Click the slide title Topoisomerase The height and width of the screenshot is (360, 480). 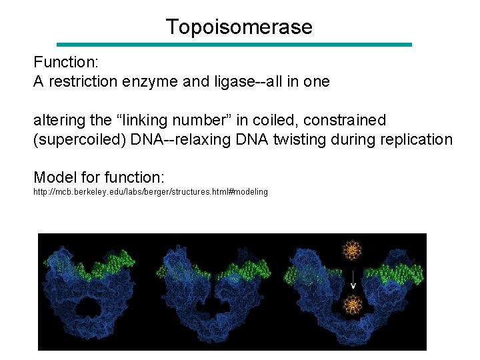tap(239, 27)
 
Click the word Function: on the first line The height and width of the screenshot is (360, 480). tap(66, 63)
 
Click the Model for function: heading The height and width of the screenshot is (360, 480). tap(99, 177)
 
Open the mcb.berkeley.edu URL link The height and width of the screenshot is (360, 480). tap(151, 192)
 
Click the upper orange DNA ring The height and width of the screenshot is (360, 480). tap(351, 251)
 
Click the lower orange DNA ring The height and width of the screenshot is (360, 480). tap(351, 305)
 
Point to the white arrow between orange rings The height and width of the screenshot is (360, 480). tap(352, 279)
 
